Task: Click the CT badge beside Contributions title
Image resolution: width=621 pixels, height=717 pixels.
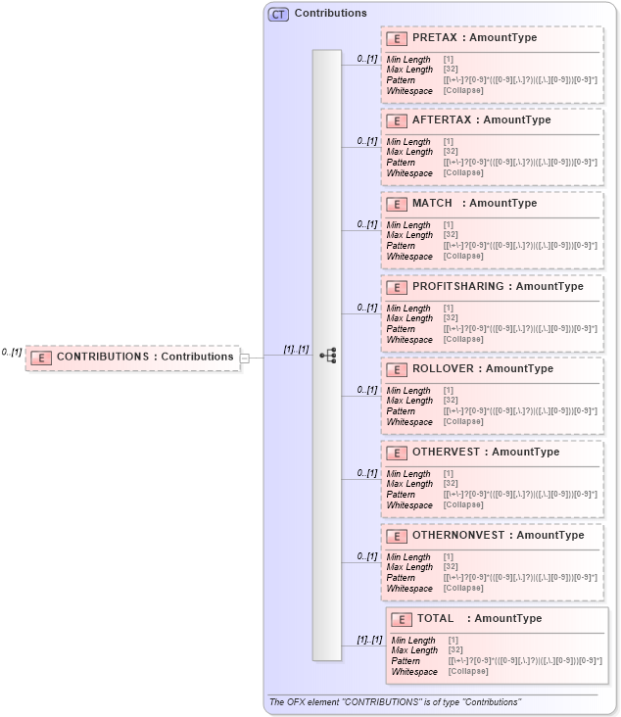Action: pos(278,14)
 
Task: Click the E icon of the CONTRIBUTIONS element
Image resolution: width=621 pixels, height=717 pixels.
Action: pos(41,357)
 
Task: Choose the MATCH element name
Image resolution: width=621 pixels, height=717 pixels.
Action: pos(432,203)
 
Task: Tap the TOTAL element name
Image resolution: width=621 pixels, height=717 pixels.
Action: pos(436,618)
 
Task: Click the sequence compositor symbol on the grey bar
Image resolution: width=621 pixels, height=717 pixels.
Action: pos(328,355)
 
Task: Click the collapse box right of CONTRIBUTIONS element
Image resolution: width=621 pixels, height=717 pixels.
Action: pos(245,358)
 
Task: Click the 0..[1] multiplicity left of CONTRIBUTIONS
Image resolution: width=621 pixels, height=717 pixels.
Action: pos(12,352)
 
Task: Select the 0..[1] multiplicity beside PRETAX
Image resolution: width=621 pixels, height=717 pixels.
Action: pos(367,58)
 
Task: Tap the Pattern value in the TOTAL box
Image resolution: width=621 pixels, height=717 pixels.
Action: pos(525,661)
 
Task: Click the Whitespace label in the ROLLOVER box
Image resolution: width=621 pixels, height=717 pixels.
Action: pos(409,422)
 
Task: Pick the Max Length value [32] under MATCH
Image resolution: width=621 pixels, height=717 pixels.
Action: pos(452,235)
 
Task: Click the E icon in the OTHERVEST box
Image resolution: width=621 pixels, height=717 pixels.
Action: pos(398,453)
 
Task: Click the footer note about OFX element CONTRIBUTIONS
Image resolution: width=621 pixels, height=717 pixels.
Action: pos(395,702)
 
